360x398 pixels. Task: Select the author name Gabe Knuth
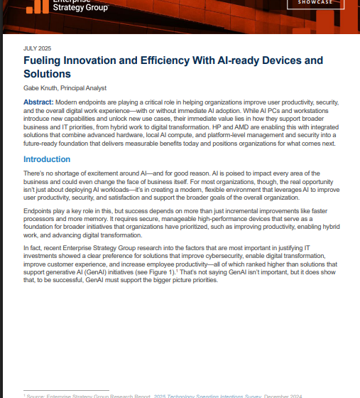coord(42,89)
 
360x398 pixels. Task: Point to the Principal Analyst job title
coord(84,89)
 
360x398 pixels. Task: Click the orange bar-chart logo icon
coord(36,6)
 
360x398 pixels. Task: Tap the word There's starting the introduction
coord(37,173)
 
